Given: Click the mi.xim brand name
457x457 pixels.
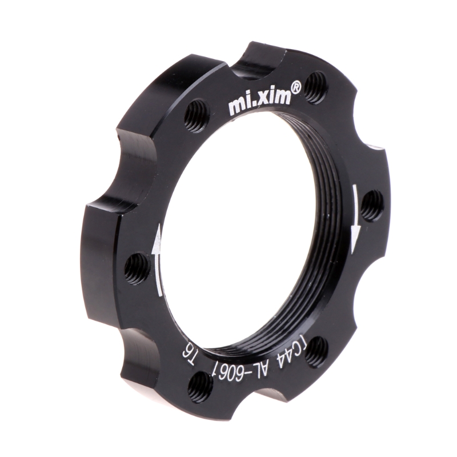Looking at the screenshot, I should coord(259,102).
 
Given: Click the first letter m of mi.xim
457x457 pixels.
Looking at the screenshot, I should coord(236,107).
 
